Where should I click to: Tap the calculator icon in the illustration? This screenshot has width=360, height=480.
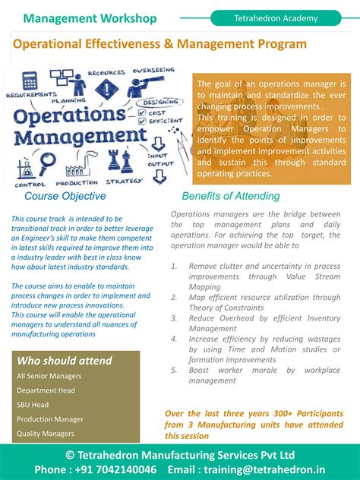[30, 80]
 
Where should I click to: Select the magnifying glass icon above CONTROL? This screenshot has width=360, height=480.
[47, 162]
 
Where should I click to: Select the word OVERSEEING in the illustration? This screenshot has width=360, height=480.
[155, 71]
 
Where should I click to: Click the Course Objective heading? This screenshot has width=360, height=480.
[65, 196]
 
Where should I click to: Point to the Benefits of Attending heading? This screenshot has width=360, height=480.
[231, 196]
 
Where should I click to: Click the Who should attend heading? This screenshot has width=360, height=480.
[65, 361]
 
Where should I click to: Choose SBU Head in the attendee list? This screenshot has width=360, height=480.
[33, 405]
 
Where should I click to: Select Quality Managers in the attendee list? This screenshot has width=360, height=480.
[46, 434]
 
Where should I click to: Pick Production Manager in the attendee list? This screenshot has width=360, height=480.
[50, 419]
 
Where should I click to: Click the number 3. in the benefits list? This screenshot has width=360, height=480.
[175, 319]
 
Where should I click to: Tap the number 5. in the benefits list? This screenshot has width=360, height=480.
[175, 370]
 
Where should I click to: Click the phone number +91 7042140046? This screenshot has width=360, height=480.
[115, 469]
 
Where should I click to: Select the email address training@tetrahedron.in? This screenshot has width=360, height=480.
[266, 469]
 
